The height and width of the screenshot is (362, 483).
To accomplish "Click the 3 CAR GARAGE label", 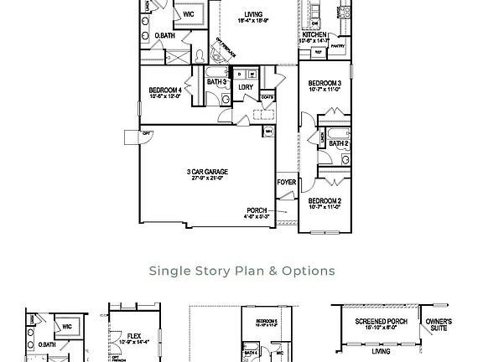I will point(207,172).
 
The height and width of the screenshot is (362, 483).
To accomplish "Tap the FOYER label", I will point(287,182).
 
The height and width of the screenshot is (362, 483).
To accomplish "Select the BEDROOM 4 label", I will point(165,90).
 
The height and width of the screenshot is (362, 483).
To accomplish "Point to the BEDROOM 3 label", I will point(325,84).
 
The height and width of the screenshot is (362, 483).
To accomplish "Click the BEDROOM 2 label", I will point(325,201).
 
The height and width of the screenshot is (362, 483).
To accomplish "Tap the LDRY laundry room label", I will point(246,87).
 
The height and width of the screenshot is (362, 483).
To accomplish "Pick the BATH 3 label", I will point(216,82).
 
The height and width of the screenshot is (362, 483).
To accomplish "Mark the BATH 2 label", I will point(339,144).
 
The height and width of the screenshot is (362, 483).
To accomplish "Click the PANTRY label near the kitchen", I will point(337,47).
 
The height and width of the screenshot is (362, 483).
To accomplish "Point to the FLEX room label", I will point(134,336).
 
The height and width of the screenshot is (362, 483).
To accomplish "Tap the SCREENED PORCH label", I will point(381,322).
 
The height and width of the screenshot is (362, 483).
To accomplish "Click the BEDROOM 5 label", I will point(267,322).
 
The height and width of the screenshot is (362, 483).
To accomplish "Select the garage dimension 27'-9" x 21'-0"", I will point(207,178).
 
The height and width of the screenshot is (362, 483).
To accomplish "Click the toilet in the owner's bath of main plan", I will point(200,56).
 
